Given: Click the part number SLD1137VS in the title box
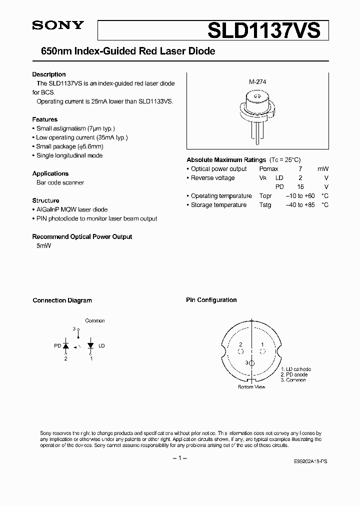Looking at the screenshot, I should (x=263, y=30).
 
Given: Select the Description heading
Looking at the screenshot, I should (x=49, y=74).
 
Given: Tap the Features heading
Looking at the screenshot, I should (x=45, y=119).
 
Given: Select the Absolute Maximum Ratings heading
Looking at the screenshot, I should (x=226, y=160).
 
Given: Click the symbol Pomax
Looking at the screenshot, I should (x=268, y=169).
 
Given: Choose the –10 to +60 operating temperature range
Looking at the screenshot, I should (x=300, y=196).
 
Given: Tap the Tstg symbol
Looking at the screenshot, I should (x=265, y=205).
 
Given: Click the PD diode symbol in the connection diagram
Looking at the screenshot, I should (x=65, y=345).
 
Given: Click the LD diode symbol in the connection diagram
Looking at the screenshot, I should (x=90, y=345).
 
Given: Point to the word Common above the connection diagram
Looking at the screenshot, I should (x=95, y=321).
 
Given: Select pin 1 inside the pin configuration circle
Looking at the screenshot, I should (x=262, y=345).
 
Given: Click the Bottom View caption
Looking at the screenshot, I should (x=251, y=387).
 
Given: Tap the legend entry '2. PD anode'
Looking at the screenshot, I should (x=294, y=374).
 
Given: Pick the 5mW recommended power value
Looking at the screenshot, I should (x=44, y=245).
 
